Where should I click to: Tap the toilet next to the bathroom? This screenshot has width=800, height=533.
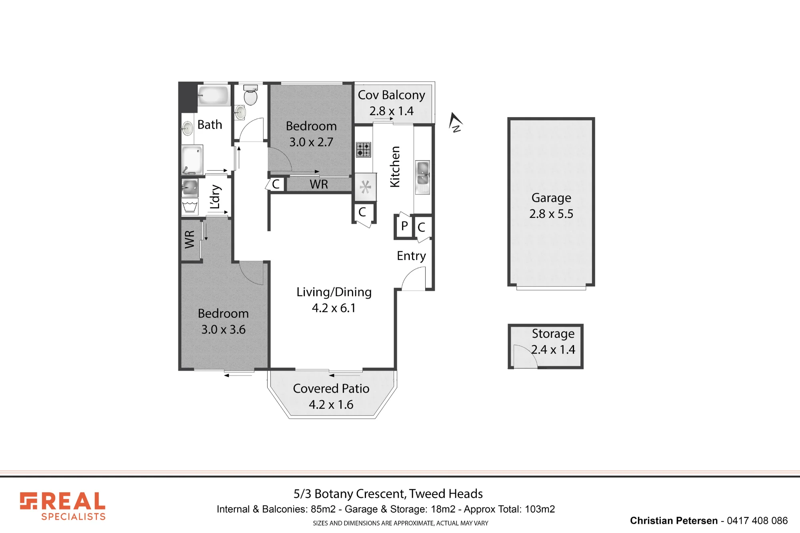(x=250, y=95)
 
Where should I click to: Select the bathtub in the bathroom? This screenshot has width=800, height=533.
(x=214, y=95)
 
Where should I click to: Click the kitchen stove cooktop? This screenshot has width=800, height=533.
(x=364, y=150)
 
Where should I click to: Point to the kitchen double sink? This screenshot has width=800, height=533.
(x=423, y=177)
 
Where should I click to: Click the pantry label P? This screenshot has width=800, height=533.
(x=404, y=226)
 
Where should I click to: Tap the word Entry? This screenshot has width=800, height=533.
(x=411, y=256)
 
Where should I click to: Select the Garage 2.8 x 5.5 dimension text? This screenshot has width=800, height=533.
(x=551, y=214)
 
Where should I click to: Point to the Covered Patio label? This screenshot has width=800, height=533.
(x=331, y=389)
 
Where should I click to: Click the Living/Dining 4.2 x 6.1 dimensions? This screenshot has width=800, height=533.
(x=334, y=308)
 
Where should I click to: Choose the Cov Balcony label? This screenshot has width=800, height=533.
(x=391, y=95)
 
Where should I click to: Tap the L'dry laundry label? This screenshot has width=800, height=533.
(x=215, y=197)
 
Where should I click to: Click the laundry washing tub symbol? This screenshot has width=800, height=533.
(x=190, y=207)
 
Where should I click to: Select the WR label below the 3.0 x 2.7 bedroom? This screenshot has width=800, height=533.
(x=319, y=184)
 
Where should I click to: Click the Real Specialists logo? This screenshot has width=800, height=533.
(x=63, y=506)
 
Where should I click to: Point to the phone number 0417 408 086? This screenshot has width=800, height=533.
(x=757, y=521)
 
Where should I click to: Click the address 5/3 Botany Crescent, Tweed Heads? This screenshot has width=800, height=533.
(x=388, y=494)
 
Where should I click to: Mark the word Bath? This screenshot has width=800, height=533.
(x=210, y=125)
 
